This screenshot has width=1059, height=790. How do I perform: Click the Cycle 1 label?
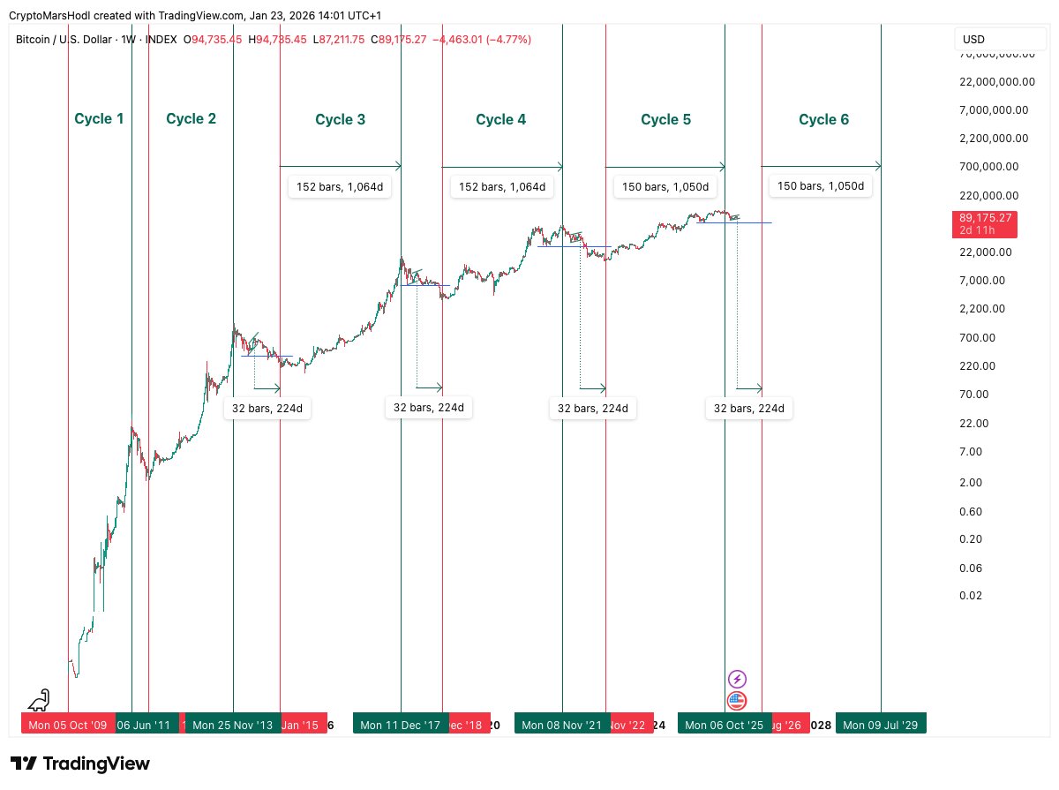click(x=99, y=118)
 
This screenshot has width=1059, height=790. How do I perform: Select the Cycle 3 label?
click(x=340, y=119)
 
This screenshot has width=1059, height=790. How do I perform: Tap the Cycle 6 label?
click(x=823, y=119)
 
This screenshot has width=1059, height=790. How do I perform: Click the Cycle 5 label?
click(x=665, y=119)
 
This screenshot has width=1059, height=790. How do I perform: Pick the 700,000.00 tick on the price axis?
click(x=988, y=166)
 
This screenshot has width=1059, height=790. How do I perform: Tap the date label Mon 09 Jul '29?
click(x=881, y=725)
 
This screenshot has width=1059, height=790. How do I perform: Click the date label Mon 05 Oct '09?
click(x=68, y=725)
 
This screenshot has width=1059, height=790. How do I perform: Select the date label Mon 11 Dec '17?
click(x=400, y=725)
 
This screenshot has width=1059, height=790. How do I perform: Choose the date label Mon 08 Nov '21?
click(x=561, y=725)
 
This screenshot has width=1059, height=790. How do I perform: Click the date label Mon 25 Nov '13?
click(x=232, y=725)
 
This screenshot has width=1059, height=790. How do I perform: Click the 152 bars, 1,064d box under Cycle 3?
click(x=340, y=187)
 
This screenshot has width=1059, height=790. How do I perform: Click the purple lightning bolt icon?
click(x=737, y=679)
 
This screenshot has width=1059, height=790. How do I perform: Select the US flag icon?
click(x=737, y=701)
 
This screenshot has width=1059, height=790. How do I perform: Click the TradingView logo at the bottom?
click(x=80, y=764)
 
